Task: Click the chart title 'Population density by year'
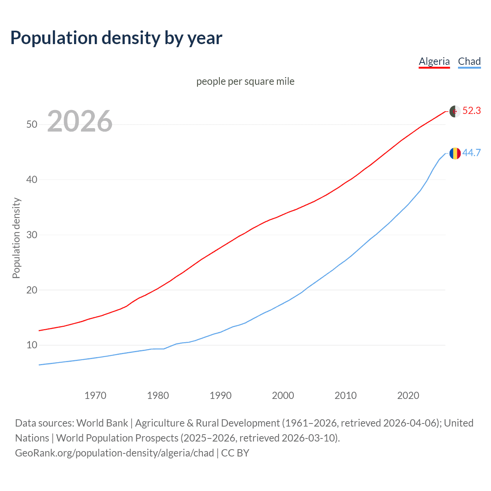tap(116, 38)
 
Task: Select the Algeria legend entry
tap(434, 61)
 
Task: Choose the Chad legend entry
tap(469, 61)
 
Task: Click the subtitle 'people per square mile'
tap(245, 81)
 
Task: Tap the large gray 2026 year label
tap(80, 121)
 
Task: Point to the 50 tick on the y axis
tap(32, 125)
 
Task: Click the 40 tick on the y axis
tap(32, 180)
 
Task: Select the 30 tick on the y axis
tap(32, 235)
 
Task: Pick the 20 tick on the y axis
tap(32, 290)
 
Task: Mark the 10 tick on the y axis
tap(32, 345)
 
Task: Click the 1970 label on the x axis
tap(95, 395)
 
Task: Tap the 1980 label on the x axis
tap(158, 395)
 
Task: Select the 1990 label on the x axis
tap(221, 395)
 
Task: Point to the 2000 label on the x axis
tap(283, 395)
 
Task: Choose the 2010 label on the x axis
tap(346, 395)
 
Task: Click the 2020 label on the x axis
tap(408, 395)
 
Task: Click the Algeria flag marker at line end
tap(455, 111)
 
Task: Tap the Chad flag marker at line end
tap(455, 153)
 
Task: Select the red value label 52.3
tap(471, 111)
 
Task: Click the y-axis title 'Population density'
tap(16, 238)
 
